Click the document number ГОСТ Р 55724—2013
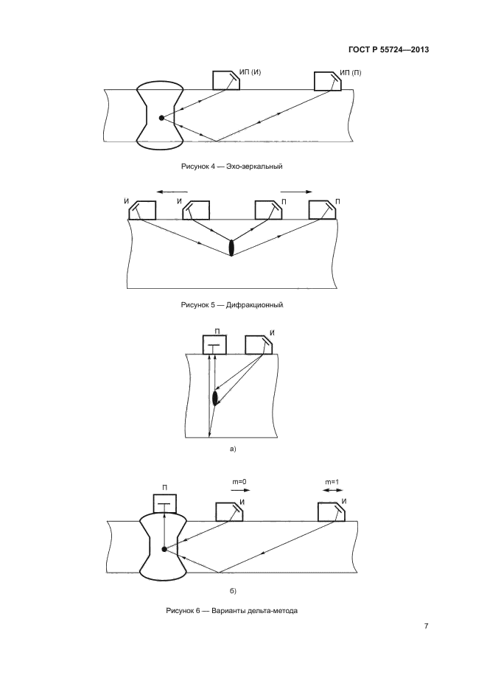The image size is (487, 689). pos(388,49)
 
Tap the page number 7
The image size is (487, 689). pos(426,626)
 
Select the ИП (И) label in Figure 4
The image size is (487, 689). pos(250,72)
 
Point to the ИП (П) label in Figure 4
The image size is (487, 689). pos(351,72)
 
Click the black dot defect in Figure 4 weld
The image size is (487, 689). pos(161,118)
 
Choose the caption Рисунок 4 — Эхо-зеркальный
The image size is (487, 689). pos(231,167)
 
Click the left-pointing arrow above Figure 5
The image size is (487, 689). pos(172,192)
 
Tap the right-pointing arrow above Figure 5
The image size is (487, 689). pos(296,192)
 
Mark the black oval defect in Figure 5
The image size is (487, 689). pos(231,248)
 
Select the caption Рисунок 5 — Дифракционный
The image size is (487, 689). pos(232,304)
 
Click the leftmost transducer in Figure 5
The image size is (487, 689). pos(142,210)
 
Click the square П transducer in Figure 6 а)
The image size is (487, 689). pos(214,345)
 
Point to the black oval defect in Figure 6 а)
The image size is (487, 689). pos(215,398)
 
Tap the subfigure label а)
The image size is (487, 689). pos(233,449)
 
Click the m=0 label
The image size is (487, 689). pos(239,482)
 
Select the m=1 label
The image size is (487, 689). pos(332,482)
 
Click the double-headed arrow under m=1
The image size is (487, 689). pos(333,490)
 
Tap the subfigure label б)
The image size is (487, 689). pos(233,590)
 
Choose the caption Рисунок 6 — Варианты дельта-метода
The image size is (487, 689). pos(232,610)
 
